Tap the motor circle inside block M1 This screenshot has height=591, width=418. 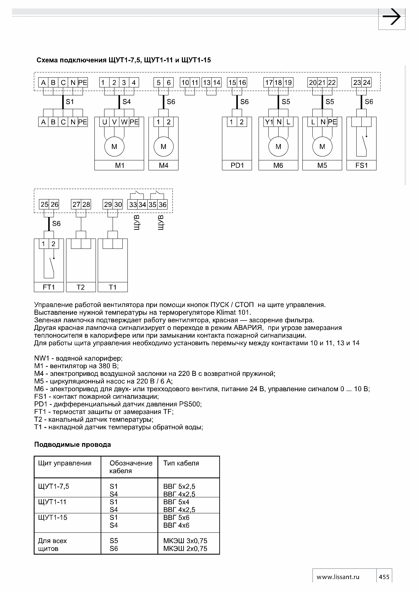[114, 146]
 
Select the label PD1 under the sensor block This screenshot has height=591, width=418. [237, 165]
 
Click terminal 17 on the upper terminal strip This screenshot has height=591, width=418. [269, 83]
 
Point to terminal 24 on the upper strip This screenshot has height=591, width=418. [366, 83]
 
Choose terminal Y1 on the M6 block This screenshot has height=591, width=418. [269, 122]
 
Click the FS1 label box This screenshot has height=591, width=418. [361, 165]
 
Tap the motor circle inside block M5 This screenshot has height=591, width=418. [322, 146]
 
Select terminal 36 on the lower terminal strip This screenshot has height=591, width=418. [162, 205]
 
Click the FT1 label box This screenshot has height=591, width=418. [49, 287]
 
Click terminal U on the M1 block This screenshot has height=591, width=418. [104, 122]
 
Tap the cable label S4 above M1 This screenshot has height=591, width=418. [126, 102]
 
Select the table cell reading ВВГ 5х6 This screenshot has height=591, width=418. [176, 517]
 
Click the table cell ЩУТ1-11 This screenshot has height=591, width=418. [52, 502]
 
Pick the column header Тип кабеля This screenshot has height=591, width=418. [181, 463]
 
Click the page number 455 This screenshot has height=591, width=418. [384, 577]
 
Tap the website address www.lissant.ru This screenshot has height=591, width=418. [338, 577]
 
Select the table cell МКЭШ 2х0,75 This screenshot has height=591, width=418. [185, 549]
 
